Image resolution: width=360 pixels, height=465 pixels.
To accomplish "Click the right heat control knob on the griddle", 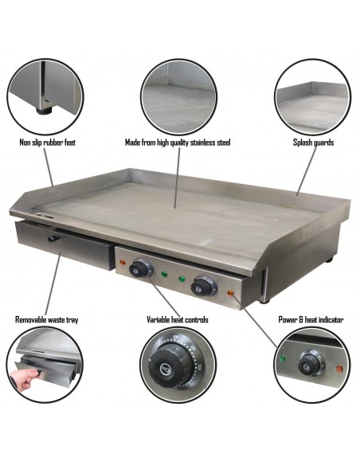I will tap(205, 285).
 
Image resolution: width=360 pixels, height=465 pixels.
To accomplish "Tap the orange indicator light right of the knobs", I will tap(231, 293).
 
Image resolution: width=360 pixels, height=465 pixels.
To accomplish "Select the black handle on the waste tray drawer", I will tap(53, 238).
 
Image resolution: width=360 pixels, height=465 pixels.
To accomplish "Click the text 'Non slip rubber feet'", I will tap(47, 143).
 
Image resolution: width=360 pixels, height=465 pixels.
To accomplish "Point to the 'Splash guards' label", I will tap(312, 143).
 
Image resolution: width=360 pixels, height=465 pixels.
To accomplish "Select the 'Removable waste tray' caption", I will tap(47, 319).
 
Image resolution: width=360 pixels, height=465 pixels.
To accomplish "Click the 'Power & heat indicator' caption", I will tap(311, 319).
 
